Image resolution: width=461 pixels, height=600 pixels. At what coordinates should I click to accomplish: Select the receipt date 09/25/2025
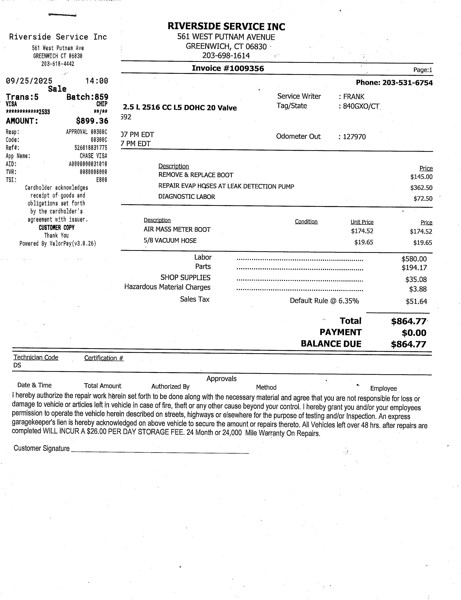tap(29, 81)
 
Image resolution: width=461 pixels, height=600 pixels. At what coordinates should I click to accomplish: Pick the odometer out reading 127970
tap(354, 137)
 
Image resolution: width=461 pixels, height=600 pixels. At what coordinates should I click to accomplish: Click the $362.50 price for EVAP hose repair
tap(421, 188)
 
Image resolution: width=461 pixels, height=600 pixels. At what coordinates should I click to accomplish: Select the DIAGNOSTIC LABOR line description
tap(187, 197)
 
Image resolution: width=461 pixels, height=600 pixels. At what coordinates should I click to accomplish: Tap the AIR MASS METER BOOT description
tap(177, 229)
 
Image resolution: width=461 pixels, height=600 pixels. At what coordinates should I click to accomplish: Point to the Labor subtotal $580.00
tap(414, 259)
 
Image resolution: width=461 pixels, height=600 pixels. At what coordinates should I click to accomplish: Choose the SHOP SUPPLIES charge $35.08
tap(416, 279)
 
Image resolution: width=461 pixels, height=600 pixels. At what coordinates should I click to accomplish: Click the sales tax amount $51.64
tap(416, 301)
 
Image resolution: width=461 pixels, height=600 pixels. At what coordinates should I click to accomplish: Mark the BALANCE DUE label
tap(331, 344)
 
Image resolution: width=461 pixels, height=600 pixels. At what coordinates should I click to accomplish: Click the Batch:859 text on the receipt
tap(87, 97)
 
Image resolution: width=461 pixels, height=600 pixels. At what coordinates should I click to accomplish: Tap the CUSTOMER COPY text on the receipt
tap(57, 228)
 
